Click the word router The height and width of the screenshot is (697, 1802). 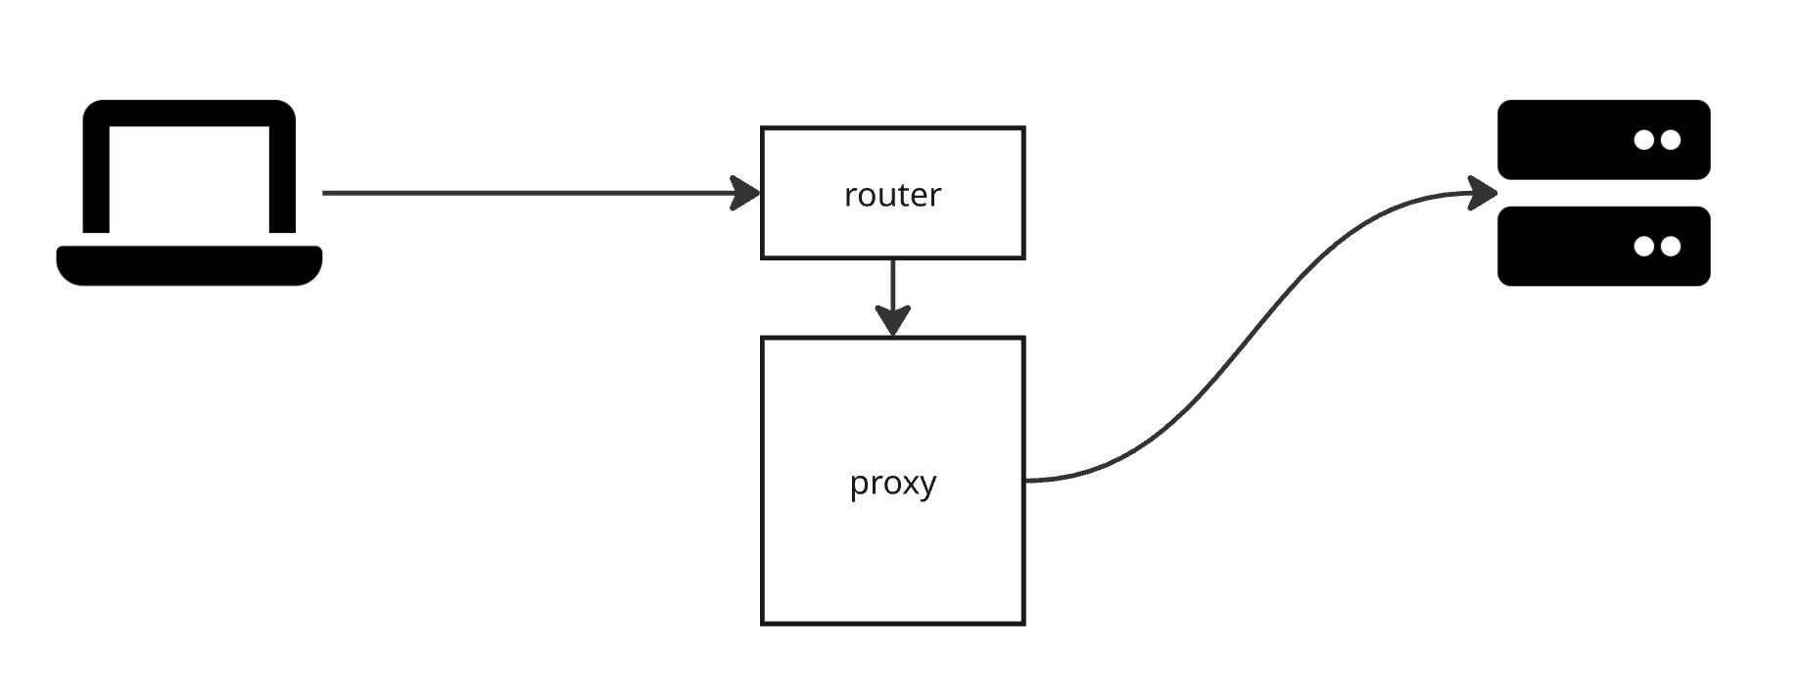tap(892, 195)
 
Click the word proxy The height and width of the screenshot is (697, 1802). tap(892, 483)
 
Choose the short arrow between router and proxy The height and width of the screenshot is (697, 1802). tap(892, 284)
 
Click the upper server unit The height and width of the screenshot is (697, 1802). tap(1567, 140)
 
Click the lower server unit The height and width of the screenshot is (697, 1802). tap(1567, 246)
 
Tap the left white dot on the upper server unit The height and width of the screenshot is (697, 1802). tap(1644, 140)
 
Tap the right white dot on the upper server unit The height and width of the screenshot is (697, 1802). tap(1670, 140)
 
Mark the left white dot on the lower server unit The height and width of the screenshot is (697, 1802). tap(1644, 246)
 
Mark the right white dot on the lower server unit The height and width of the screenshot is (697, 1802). tap(1670, 246)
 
